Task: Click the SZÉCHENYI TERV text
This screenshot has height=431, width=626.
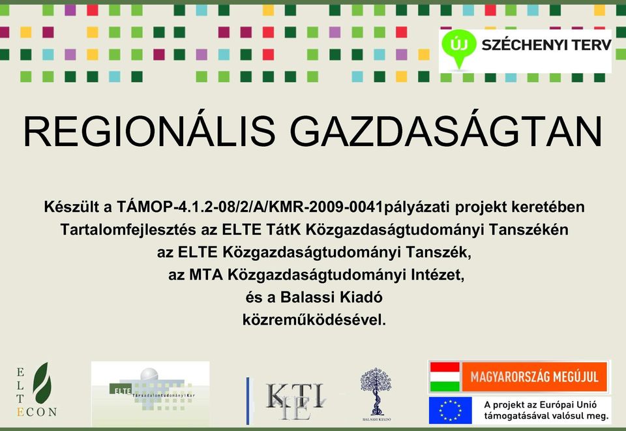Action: click(546, 45)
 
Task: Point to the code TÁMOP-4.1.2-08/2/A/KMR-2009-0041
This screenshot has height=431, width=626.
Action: click(250, 207)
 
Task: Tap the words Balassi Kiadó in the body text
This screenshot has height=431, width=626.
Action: click(331, 297)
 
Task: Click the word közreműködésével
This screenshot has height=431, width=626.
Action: click(314, 320)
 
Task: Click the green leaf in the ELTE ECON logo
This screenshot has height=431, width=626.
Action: click(42, 383)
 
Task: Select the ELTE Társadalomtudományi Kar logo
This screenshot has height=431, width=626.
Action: click(151, 393)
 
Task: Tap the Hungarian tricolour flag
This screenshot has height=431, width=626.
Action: click(445, 377)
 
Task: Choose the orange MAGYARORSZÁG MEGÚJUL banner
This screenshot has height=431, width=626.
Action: click(535, 377)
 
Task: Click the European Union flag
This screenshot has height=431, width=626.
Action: click(451, 410)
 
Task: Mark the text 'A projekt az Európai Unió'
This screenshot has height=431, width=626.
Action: click(541, 405)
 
